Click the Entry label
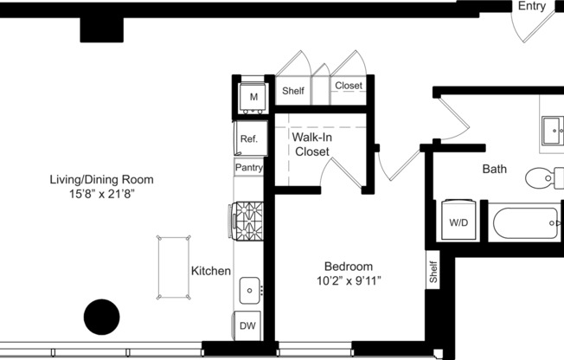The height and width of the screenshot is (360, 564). coord(532,7)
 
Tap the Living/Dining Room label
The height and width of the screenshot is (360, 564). coord(101,180)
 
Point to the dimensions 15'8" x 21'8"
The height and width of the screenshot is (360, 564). coord(101,195)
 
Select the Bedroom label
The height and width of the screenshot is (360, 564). coord(349,267)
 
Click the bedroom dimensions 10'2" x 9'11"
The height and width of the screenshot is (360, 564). coord(349,281)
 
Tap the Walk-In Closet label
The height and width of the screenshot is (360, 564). coord(312,145)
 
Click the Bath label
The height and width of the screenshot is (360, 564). coord(495,170)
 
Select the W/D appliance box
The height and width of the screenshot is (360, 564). coord(458,222)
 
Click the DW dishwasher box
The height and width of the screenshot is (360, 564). coord(247,326)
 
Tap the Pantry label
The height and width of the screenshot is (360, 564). coord(249,168)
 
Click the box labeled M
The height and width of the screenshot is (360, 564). coord(253,97)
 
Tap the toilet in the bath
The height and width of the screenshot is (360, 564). coord(543,177)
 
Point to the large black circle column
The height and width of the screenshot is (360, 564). coord(100,317)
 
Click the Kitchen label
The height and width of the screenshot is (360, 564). coord(211,271)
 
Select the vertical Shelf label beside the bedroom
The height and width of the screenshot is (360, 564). coord(433,271)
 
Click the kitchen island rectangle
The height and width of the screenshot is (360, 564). coord(174,267)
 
